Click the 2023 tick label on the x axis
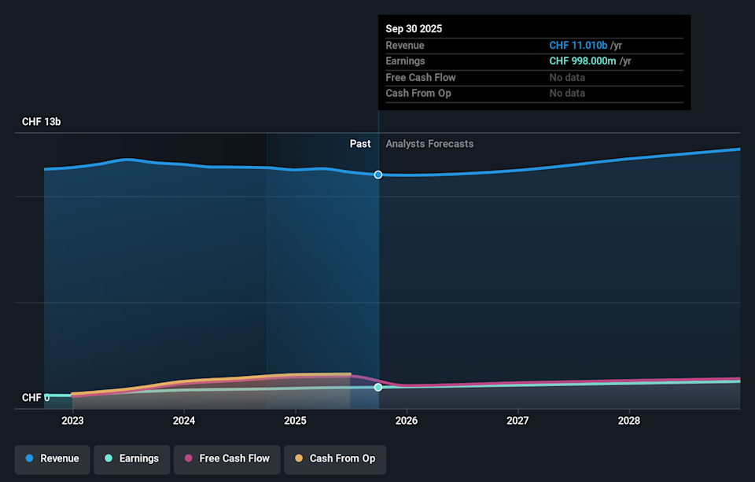72,421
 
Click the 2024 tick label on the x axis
183,421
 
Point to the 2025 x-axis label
295,421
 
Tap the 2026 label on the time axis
406,421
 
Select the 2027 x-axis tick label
517,421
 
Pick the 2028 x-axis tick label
629,421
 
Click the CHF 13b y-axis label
41,122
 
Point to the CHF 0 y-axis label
35,398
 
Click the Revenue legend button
53,458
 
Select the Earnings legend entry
131,458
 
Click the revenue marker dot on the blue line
378,175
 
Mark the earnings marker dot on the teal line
378,387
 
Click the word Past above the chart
360,144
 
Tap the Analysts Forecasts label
429,144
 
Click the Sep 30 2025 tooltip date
414,29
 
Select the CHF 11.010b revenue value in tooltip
578,46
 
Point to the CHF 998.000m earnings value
583,61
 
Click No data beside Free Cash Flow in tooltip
567,77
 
